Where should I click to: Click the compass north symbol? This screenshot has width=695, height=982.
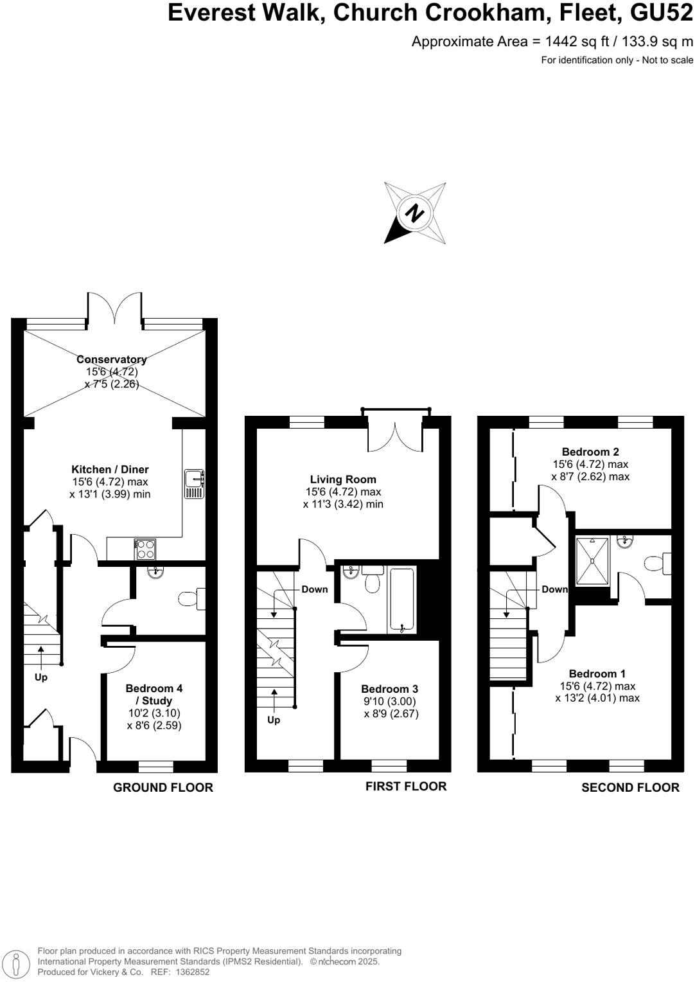[415, 213]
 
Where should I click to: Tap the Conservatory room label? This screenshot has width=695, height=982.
[112, 359]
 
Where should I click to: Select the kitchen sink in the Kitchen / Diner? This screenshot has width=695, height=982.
[194, 484]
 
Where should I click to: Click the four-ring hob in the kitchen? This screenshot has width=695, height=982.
[145, 549]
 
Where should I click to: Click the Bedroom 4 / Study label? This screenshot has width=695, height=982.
[154, 694]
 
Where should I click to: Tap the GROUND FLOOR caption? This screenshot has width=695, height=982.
[163, 787]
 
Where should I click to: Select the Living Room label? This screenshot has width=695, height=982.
[343, 479]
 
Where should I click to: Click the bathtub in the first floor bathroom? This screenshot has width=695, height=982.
[402, 600]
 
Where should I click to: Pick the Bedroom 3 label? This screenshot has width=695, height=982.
[390, 689]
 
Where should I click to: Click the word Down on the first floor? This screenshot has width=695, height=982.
[315, 589]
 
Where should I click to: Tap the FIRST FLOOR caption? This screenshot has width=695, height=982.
[406, 786]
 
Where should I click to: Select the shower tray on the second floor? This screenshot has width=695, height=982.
[592, 561]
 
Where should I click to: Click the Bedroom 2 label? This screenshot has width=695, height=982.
[590, 452]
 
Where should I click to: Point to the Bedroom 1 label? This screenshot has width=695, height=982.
[597, 674]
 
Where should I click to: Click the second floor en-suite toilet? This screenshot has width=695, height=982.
[657, 564]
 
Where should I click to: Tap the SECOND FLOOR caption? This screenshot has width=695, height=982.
[630, 787]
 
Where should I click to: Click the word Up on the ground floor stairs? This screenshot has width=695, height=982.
[41, 677]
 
